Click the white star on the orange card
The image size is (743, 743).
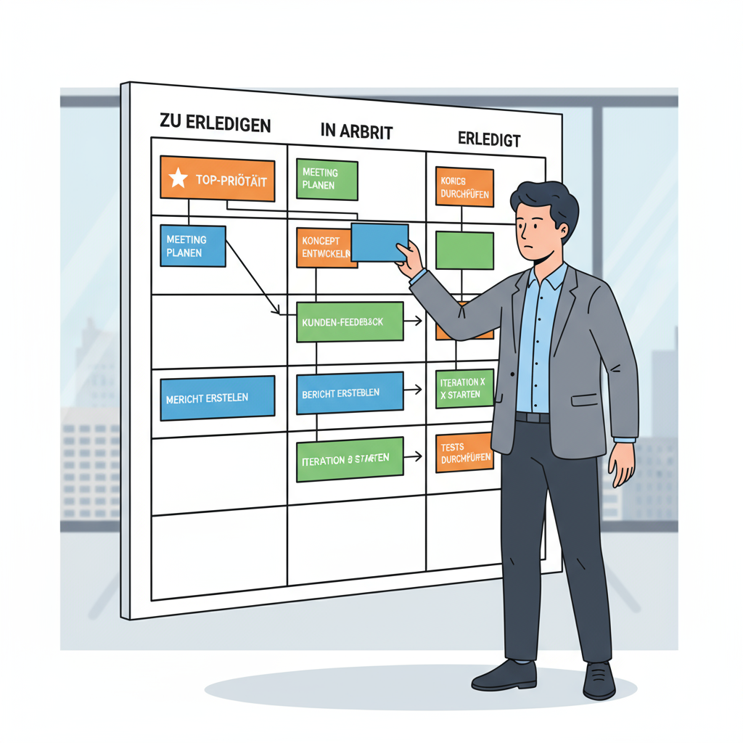178,178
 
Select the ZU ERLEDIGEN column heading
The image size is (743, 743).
214,123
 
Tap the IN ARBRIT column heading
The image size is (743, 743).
356,131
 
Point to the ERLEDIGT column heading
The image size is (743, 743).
489,139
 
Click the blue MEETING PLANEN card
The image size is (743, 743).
192,246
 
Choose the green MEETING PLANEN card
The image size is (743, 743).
327,179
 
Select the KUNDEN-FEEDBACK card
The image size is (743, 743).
350,321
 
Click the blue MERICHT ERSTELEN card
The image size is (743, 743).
217,398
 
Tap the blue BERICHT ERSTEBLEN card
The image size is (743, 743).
350,393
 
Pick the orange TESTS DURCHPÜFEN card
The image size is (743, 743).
465,452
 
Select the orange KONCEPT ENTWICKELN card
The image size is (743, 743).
324,247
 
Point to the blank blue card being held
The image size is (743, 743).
379,242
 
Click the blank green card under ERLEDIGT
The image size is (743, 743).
464,250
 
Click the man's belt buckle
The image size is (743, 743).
533,417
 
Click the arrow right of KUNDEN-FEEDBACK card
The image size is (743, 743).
414,320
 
